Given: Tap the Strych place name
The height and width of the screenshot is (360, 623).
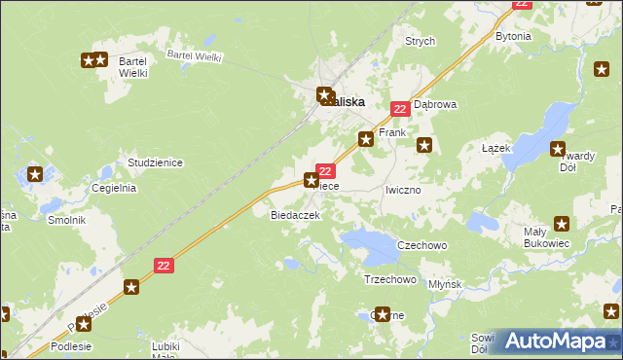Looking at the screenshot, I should pyautogui.click(x=420, y=42).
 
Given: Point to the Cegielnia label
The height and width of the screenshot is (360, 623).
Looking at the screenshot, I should pyautogui.click(x=113, y=188).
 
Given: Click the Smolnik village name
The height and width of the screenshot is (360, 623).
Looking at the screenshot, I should pyautogui.click(x=67, y=220).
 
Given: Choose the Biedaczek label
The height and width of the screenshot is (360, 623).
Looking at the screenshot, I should pyautogui.click(x=295, y=215).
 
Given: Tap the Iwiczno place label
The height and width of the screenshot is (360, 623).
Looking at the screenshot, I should pyautogui.click(x=402, y=190).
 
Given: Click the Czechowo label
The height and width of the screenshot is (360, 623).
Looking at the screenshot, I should pyautogui.click(x=421, y=245).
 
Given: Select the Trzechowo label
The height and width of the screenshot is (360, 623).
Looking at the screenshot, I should pyautogui.click(x=389, y=279).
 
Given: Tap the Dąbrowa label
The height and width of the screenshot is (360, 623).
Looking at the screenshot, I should pyautogui.click(x=435, y=103).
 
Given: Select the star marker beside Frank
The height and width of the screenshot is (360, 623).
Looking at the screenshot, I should pyautogui.click(x=366, y=139).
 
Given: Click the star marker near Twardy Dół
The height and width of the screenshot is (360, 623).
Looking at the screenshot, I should pyautogui.click(x=558, y=150).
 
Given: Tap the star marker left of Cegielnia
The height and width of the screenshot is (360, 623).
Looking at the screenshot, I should pyautogui.click(x=35, y=175).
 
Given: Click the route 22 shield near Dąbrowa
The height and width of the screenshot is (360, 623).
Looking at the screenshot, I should pyautogui.click(x=399, y=110).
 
